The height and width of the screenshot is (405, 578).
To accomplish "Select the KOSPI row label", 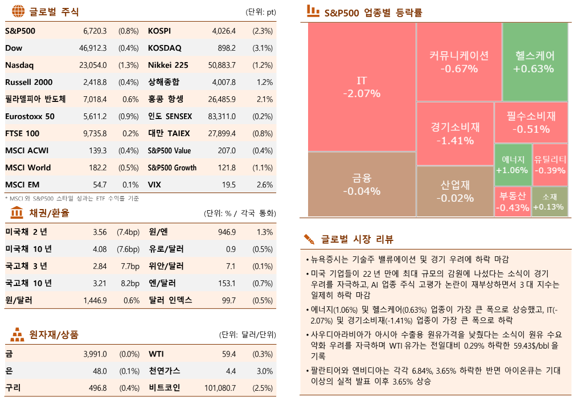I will (159, 31).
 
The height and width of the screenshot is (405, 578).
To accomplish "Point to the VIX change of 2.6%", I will (265, 185).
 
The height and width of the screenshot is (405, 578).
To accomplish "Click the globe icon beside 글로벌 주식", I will (18, 11).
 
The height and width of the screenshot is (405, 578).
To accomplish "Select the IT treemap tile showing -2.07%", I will (362, 87).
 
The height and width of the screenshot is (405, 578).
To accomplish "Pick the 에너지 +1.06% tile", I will (512, 165).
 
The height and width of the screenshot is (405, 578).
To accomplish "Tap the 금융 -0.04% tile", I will (362, 184).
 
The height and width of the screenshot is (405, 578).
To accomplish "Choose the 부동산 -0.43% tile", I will (512, 202).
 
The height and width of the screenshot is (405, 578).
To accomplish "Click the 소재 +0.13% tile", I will (550, 202).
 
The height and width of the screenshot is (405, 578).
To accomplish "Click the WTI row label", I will (157, 354).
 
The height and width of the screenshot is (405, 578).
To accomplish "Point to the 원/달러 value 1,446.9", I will (95, 300).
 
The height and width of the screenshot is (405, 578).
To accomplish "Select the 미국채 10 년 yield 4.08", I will (100, 249).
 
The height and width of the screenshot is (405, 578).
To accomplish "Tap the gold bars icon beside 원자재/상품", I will (18, 334).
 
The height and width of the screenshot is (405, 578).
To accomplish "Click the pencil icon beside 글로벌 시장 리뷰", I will (309, 238).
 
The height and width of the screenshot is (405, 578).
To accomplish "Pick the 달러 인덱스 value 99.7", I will (228, 300).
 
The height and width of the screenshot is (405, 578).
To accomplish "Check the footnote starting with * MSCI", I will (72, 198).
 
